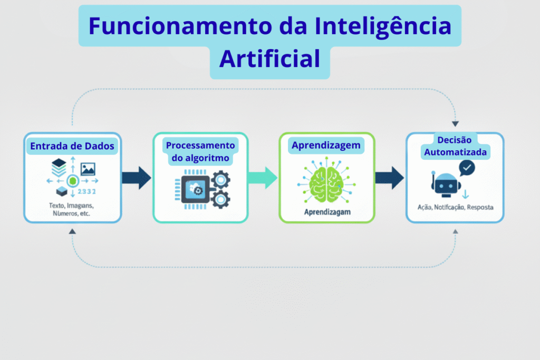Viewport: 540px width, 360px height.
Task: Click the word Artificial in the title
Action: [269, 59]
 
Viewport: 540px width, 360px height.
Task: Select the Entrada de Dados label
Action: [72, 146]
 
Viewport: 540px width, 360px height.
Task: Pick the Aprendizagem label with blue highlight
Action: [326, 145]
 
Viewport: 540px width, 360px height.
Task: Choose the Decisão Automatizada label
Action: [454, 146]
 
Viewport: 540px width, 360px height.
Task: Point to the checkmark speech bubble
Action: [467, 168]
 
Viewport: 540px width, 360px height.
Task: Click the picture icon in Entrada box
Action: [88, 169]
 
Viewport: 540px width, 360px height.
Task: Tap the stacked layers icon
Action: [59, 168]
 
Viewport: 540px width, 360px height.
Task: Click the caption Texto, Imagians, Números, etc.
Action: [73, 210]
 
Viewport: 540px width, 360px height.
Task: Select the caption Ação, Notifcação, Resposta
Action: [455, 207]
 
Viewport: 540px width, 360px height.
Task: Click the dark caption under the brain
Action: [326, 212]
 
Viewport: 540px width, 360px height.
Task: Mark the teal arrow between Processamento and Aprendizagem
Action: [263, 178]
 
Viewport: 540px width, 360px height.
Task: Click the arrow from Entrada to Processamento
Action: [137, 178]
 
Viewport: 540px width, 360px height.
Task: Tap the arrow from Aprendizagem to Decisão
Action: [390, 178]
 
